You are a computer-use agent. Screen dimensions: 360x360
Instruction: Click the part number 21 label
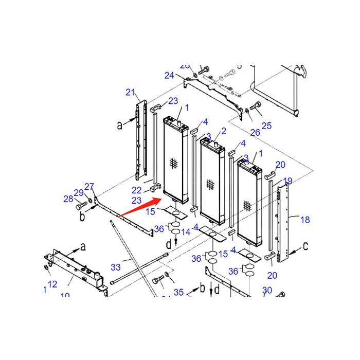(x=130, y=93)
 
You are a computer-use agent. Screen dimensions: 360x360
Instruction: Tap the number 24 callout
(x=169, y=75)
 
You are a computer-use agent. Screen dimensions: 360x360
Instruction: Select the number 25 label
(x=266, y=125)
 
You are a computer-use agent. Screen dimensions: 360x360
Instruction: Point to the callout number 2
(x=224, y=131)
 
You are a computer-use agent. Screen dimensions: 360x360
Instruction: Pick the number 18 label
(x=305, y=220)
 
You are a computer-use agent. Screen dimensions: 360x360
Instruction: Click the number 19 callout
(x=287, y=181)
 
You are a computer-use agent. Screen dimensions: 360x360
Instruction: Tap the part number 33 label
(x=116, y=267)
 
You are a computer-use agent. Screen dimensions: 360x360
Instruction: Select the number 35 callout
(x=178, y=293)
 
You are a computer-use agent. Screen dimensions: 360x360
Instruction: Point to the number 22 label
(x=136, y=191)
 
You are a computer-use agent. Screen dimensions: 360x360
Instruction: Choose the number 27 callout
(x=89, y=187)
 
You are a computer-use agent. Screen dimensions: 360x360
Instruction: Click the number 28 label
(x=68, y=199)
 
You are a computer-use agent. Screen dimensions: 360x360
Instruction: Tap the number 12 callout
(x=52, y=284)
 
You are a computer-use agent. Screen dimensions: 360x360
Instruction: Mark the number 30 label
(x=267, y=291)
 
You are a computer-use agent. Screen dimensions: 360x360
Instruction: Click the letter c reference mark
(x=305, y=246)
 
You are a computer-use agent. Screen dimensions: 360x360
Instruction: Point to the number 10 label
(x=65, y=296)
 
